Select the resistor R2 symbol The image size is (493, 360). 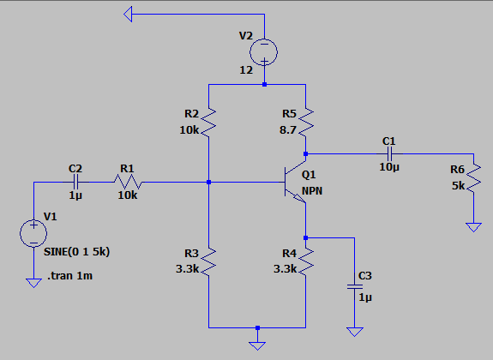[x=209, y=122]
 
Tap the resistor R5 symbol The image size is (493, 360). [x=306, y=122]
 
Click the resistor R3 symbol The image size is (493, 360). [x=209, y=260]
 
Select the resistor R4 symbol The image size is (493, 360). [x=306, y=260]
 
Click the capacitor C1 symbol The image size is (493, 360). [x=389, y=154]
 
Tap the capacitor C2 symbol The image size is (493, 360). [x=75, y=182]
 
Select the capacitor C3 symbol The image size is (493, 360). [x=353, y=288]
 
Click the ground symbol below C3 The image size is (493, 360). [x=353, y=330]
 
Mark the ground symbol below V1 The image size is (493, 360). [x=33, y=282]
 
